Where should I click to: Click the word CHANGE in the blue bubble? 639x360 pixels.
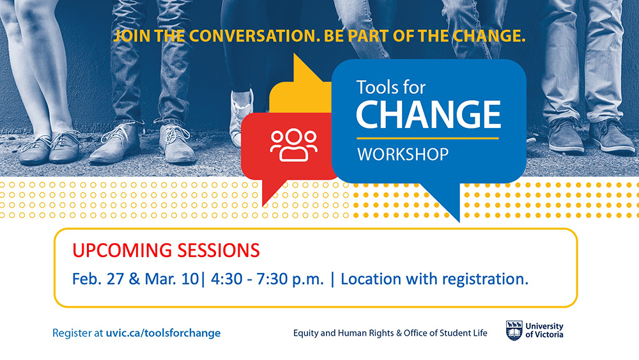tap(428, 114)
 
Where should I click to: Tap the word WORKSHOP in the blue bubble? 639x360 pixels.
tap(403, 155)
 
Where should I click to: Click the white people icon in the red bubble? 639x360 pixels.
tap(293, 145)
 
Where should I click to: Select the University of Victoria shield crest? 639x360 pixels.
tap(514, 330)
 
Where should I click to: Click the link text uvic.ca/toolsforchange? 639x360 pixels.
tap(163, 333)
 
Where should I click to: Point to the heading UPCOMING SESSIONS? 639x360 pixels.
tap(166, 250)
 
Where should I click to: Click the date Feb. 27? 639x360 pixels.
tap(98, 279)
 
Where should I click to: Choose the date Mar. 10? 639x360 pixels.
tap(171, 279)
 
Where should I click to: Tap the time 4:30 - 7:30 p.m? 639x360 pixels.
tap(267, 279)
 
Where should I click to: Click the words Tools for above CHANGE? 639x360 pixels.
tap(391, 88)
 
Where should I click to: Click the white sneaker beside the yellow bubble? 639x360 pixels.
tap(241, 118)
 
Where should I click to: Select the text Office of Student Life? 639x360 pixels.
tap(445, 333)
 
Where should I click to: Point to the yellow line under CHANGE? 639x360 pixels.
tap(428, 138)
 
